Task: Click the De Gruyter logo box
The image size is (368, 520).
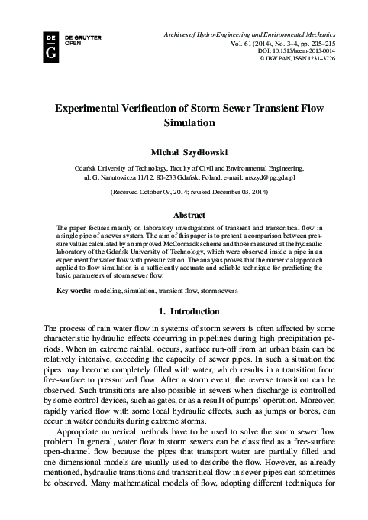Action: pyautogui.click(x=51, y=46)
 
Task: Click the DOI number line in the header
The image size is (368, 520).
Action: pyautogui.click(x=311, y=50)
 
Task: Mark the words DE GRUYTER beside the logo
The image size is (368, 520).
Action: pyautogui.click(x=81, y=36)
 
